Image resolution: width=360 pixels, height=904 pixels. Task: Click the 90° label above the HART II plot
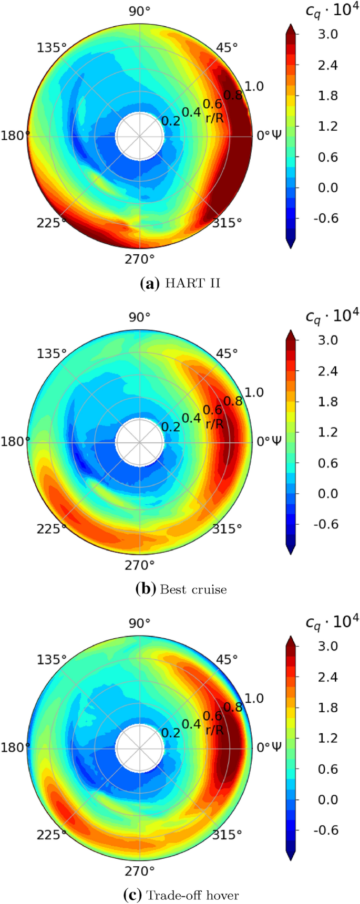tap(140, 11)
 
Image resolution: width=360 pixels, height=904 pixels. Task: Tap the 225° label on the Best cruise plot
tap(52, 528)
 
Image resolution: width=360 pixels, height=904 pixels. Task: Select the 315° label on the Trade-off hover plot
tap(228, 834)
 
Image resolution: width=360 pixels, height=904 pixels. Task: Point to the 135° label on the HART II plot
tap(52, 48)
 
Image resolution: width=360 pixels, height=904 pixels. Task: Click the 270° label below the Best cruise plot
tap(140, 565)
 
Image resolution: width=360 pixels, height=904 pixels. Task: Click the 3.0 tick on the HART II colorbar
tap(327, 35)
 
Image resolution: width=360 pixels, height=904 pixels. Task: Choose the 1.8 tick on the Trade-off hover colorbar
tap(327, 708)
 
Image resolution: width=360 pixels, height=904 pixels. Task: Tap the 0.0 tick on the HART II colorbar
tap(327, 188)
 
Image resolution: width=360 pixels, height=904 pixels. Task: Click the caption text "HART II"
tap(193, 284)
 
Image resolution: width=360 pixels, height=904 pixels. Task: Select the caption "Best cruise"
tap(193, 589)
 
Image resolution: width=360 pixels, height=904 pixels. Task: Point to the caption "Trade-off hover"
tap(192, 895)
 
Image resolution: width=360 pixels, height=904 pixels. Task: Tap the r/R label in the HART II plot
tap(214, 118)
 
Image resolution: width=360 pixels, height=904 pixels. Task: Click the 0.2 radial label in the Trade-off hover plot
tap(171, 732)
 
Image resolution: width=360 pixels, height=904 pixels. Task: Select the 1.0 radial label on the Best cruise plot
tap(254, 392)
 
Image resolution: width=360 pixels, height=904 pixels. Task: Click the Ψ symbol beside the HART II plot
tap(276, 136)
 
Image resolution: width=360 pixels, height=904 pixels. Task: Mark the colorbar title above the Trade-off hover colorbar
tap(332, 621)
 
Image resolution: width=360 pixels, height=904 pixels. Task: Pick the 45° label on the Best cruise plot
tap(227, 354)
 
